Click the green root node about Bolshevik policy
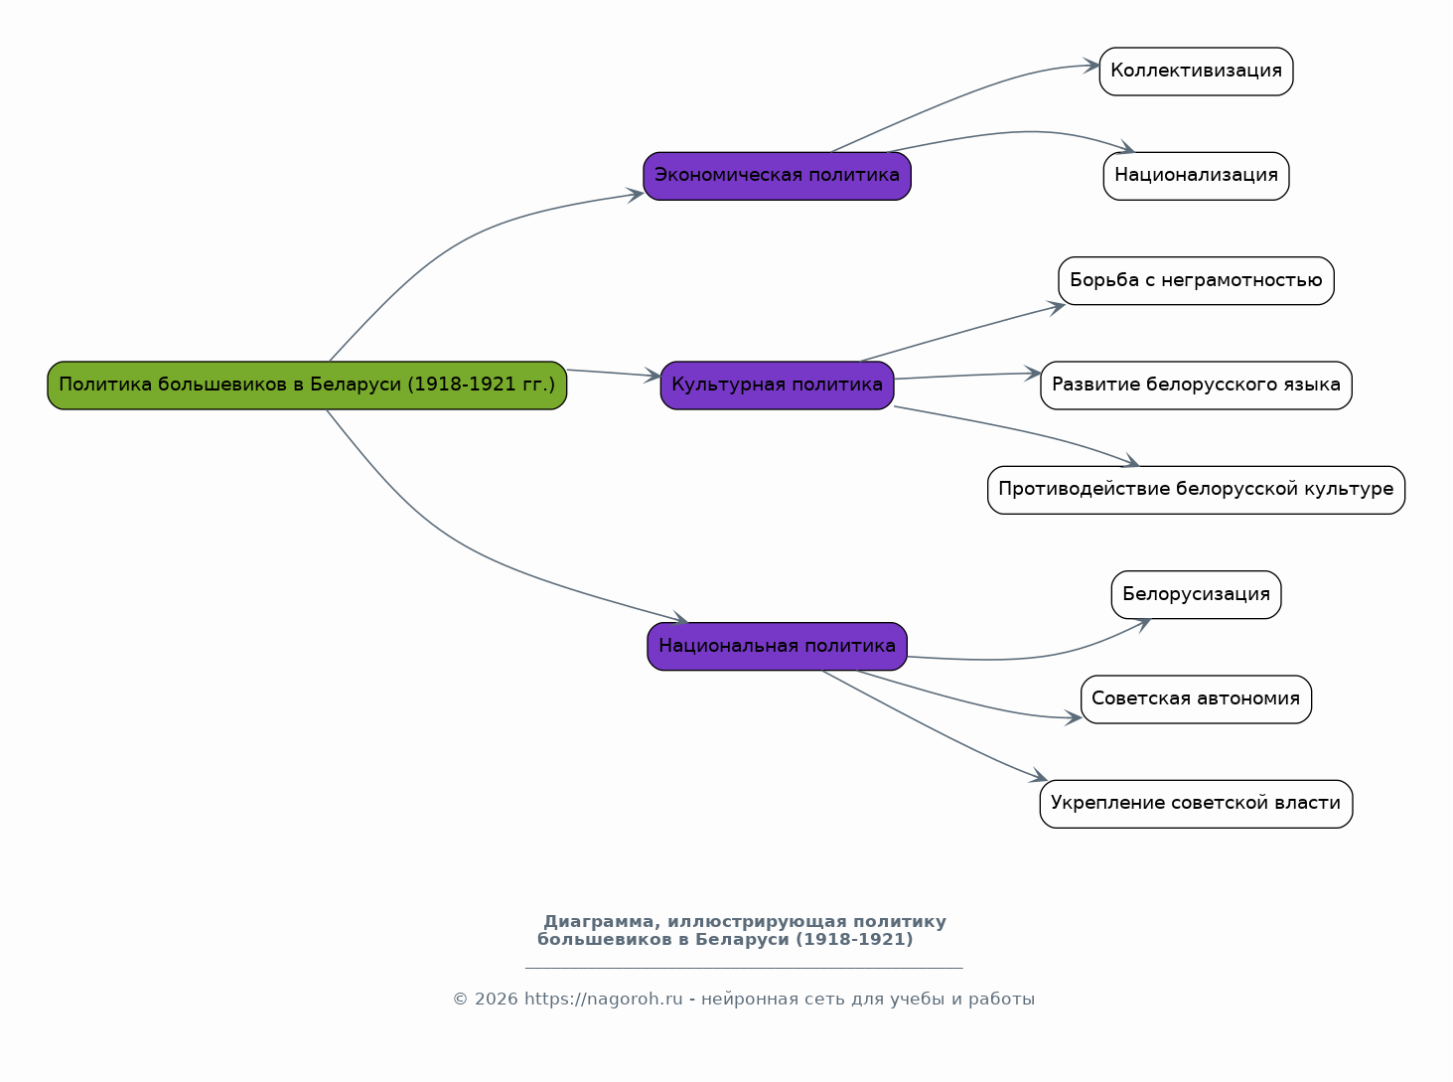pyautogui.click(x=307, y=386)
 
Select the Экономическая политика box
pyautogui.click(x=777, y=176)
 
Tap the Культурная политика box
pyautogui.click(x=777, y=386)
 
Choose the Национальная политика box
pyautogui.click(x=777, y=647)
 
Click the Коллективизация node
pyautogui.click(x=1196, y=72)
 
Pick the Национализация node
pyautogui.click(x=1196, y=176)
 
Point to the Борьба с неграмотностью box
pyautogui.click(x=1196, y=281)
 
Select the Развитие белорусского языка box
pyautogui.click(x=1196, y=386)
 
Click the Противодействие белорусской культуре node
pyautogui.click(x=1196, y=490)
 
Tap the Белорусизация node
pyautogui.click(x=1196, y=595)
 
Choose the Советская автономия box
pyautogui.click(x=1196, y=699)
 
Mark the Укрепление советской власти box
pyautogui.click(x=1196, y=804)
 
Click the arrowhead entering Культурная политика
pyautogui.click(x=653, y=376)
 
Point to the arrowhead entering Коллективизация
pyautogui.click(x=1091, y=66)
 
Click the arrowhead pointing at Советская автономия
pyautogui.click(x=1073, y=718)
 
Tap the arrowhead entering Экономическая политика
pyautogui.click(x=636, y=195)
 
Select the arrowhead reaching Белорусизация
pyautogui.click(x=1143, y=625)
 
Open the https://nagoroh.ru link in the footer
pyautogui.click(x=603, y=1000)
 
